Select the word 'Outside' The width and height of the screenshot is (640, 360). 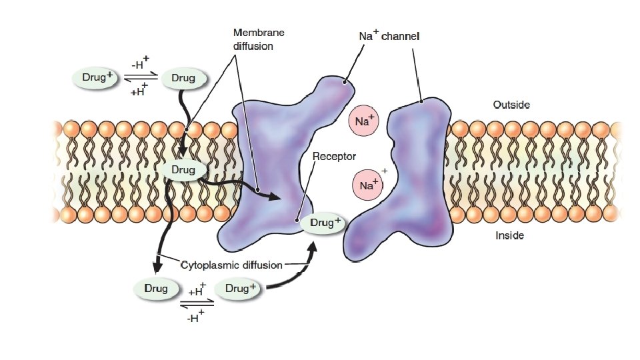point(511,105)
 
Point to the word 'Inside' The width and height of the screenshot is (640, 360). point(509,235)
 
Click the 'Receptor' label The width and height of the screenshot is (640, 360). point(335,156)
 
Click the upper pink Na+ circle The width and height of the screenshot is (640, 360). point(363,122)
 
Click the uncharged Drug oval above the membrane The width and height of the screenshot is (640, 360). point(183,78)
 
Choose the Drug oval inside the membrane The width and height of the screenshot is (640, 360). point(183,171)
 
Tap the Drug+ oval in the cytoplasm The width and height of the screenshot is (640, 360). point(239,289)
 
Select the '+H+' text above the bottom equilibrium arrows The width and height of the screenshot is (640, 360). point(198,290)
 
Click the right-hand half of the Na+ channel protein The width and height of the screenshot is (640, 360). point(413,180)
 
